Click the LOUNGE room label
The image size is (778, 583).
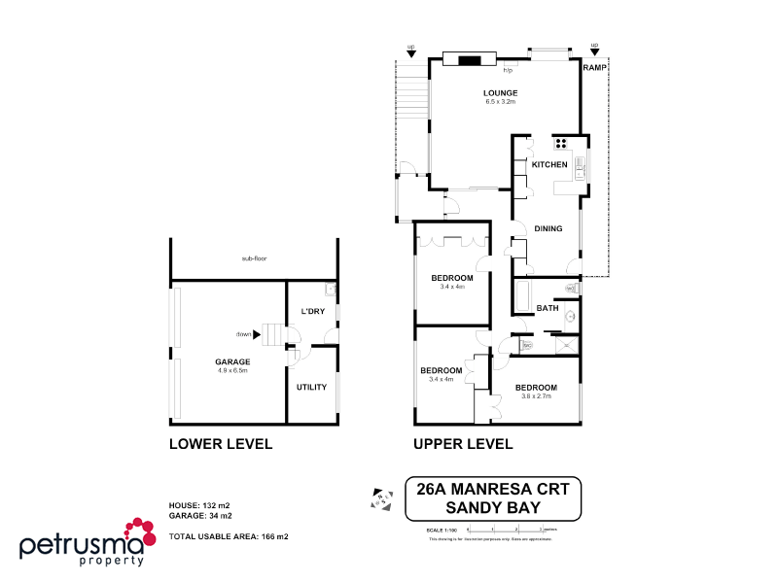[500, 93]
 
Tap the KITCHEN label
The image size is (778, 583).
[548, 165]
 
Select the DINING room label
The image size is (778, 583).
[548, 228]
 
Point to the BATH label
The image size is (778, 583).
[548, 308]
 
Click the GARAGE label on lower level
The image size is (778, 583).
[232, 361]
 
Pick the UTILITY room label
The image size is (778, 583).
[311, 387]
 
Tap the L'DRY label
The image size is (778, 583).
[312, 311]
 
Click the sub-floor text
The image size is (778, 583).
[255, 259]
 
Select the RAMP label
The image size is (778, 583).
[594, 68]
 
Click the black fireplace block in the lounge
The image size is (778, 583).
[471, 60]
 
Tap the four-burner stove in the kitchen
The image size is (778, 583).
[561, 142]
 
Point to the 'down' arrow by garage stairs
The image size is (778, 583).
[257, 334]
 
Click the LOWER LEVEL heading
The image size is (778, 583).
[220, 444]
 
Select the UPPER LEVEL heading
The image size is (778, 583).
[463, 444]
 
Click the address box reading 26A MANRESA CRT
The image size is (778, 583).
[492, 497]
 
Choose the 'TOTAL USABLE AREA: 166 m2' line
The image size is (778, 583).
[229, 536]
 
